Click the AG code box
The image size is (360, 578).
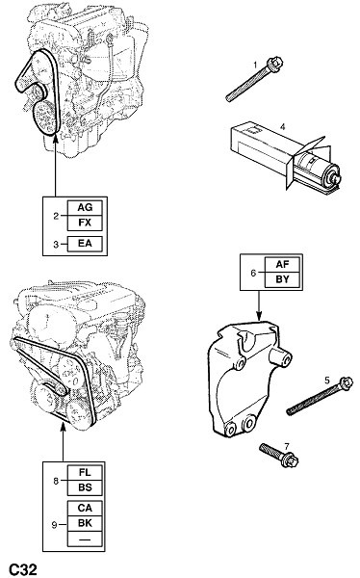tap(85, 208)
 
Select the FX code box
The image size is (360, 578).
tap(85, 223)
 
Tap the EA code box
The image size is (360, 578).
tap(85, 244)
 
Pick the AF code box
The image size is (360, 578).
tap(282, 264)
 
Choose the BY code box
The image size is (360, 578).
tap(282, 279)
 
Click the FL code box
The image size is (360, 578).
tap(85, 473)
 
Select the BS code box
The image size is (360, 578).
tap(85, 487)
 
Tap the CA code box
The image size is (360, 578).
tap(85, 508)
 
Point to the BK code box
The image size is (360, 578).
tap(85, 523)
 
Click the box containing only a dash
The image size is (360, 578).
tap(85, 539)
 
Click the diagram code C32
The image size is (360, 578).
tap(23, 569)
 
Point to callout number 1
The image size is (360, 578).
tap(255, 66)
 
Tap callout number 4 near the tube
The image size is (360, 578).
tap(283, 127)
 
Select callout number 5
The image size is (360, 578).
tap(327, 381)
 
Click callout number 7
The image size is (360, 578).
tap(287, 447)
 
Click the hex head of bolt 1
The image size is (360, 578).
tap(275, 63)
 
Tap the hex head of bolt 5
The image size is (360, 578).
tap(346, 383)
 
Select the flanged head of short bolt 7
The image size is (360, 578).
tap(291, 460)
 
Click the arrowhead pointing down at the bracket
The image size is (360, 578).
tap(259, 315)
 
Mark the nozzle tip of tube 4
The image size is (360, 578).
tap(337, 180)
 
